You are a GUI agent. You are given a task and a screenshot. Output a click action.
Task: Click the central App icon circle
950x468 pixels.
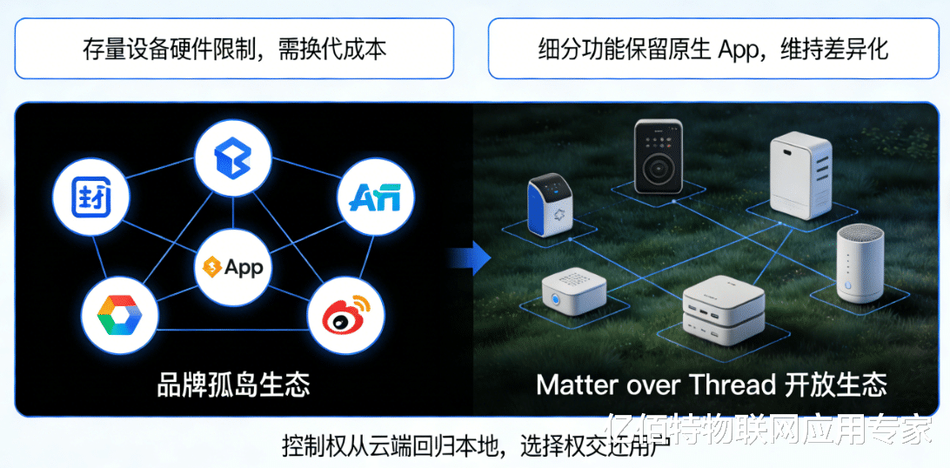coord(231,267)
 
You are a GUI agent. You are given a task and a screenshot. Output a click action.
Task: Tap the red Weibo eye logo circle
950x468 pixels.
coord(346,315)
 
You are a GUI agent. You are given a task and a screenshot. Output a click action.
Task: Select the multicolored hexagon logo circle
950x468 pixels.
coord(119,315)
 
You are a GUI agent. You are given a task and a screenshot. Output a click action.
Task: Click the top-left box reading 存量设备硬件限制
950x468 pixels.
coord(234,49)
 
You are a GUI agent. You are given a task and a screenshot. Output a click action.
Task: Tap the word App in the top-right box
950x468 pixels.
coord(739,49)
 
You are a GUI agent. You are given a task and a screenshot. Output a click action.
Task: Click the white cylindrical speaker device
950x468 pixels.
coord(860,264)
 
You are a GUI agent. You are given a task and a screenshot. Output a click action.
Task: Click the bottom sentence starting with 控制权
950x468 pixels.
coord(474,446)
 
